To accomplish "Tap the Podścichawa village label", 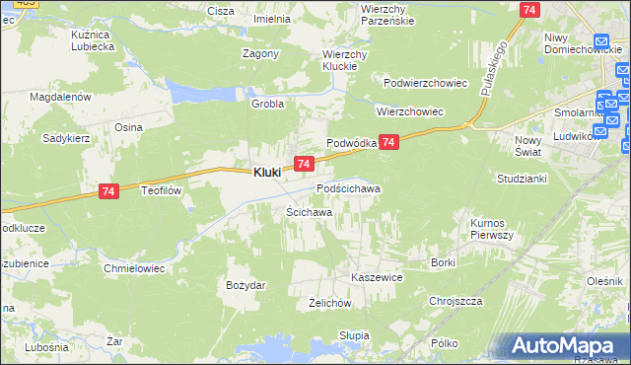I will (348, 187).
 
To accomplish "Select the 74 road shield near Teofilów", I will (109, 195).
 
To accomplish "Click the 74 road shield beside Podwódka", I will (389, 143).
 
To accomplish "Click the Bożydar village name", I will (245, 284).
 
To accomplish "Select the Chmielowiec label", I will (133, 267).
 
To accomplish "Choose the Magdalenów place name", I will (60, 97).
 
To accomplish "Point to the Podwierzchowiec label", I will (425, 83).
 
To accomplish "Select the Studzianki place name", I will (523, 179).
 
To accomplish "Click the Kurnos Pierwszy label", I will (491, 230).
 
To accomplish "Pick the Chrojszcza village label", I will (455, 300).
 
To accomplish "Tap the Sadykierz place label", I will (66, 139).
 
